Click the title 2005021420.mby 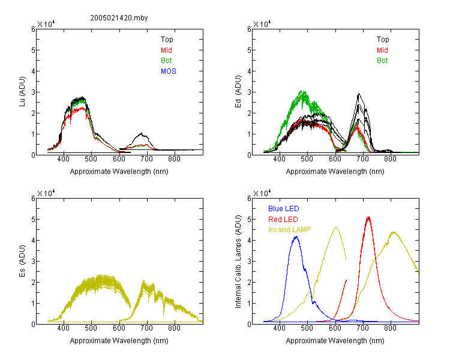[x=119, y=18]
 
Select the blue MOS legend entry [x=169, y=71]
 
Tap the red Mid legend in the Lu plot [x=166, y=50]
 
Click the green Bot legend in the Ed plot [x=382, y=61]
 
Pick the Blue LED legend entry [x=284, y=209]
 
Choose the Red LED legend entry [x=283, y=220]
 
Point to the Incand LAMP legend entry [x=289, y=230]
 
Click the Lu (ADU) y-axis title [x=22, y=92]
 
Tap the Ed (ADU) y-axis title [x=238, y=92]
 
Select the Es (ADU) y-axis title [x=22, y=261]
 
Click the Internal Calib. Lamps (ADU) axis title [x=238, y=262]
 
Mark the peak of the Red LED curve [x=368, y=217]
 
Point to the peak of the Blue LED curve [x=296, y=237]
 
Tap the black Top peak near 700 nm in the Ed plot [x=359, y=94]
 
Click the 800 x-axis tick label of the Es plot [x=174, y=328]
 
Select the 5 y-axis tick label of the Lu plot [x=33, y=50]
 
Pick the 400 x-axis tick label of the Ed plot [x=279, y=159]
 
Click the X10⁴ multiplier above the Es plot [x=46, y=193]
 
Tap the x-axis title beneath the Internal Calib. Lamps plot [x=335, y=340]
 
